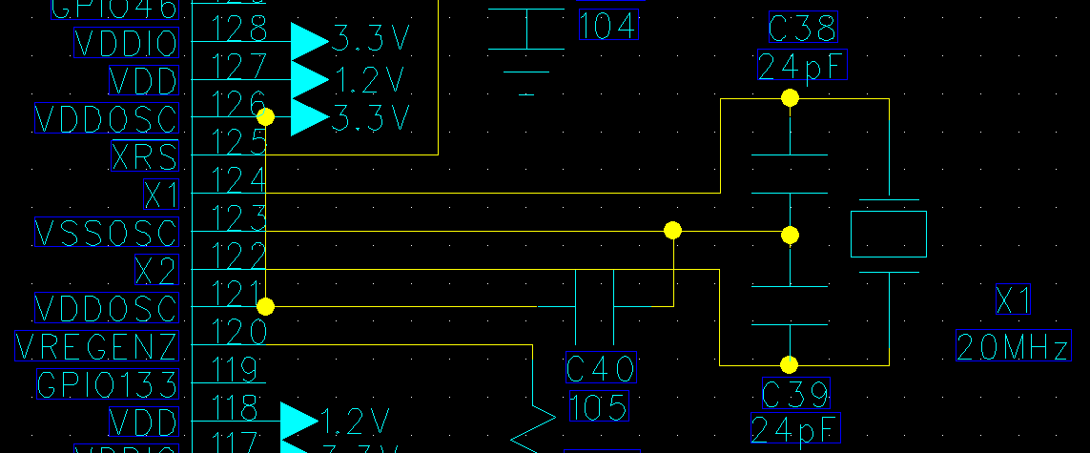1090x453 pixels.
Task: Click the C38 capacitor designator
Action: (803, 30)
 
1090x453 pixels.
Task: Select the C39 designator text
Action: (796, 393)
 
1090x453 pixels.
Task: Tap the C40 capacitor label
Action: (600, 368)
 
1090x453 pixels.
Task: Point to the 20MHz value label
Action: (1013, 346)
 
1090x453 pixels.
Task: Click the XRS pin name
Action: (144, 155)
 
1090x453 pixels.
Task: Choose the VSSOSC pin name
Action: (106, 232)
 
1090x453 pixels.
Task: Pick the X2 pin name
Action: (156, 270)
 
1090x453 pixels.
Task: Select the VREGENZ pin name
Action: (96, 346)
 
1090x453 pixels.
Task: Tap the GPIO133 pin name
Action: (107, 384)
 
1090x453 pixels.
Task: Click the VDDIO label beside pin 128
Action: (126, 43)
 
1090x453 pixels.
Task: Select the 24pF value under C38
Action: (802, 67)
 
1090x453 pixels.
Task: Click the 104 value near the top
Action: (607, 25)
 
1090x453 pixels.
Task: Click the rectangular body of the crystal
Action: (888, 235)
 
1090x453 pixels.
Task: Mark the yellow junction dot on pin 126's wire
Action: (266, 116)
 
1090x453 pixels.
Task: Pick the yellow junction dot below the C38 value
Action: (790, 97)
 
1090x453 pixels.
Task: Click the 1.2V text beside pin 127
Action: (371, 77)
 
